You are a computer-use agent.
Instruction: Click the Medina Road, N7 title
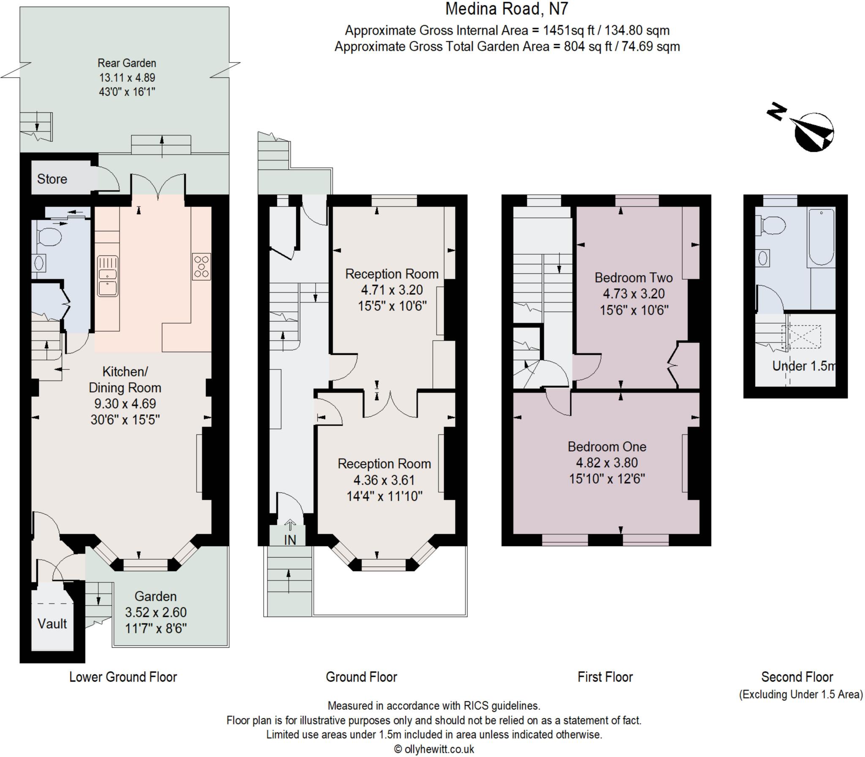507,9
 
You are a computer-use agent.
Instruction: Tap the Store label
52,179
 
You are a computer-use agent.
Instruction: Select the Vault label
52,624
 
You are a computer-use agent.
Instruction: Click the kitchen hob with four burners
201,266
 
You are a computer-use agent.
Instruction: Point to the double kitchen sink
107,276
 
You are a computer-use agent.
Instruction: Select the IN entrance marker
290,540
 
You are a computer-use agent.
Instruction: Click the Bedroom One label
607,447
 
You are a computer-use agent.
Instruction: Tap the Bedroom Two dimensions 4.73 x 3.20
634,293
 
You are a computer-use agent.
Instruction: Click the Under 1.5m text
803,366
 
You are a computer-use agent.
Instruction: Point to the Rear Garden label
127,63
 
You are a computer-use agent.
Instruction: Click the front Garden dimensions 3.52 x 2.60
155,612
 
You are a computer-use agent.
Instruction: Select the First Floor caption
605,677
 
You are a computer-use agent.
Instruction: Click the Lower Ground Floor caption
123,677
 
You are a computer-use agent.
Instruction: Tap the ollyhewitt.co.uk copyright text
434,749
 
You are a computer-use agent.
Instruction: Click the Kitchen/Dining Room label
125,380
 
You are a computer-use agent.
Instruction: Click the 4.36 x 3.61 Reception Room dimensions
384,480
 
